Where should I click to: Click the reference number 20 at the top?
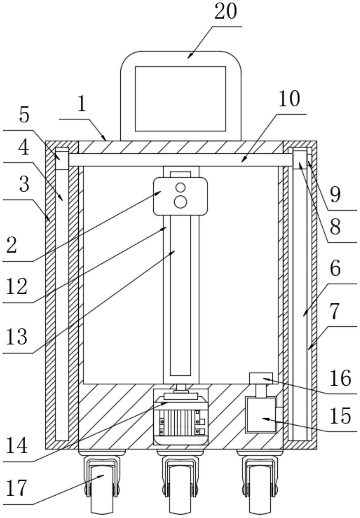pos(226,12)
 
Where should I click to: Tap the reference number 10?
pos(289,99)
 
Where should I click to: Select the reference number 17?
pos(17,487)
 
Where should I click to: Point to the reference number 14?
pos(17,445)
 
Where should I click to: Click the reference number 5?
pos(24,115)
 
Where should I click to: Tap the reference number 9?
pos(335,195)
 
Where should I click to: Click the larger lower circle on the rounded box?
pos(181,202)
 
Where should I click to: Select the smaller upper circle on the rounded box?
pos(181,187)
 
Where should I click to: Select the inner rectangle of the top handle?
pos(181,99)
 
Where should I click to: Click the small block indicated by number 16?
pos(261,378)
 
